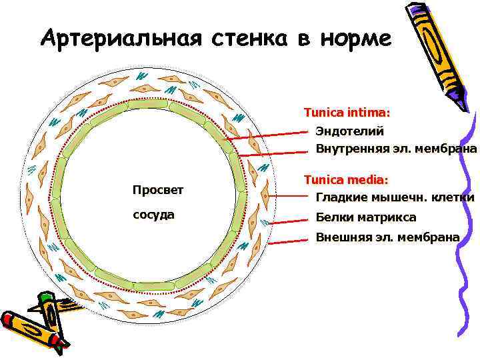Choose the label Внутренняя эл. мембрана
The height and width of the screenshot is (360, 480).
pyautogui.click(x=396, y=148)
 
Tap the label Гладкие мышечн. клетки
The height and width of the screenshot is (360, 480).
pyautogui.click(x=395, y=197)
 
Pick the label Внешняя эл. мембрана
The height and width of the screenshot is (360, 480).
pyautogui.click(x=387, y=237)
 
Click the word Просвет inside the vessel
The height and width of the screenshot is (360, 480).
pyautogui.click(x=157, y=191)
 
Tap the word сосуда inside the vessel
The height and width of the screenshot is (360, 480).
pyautogui.click(x=153, y=215)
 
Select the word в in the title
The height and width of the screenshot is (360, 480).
pyautogui.click(x=304, y=39)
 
